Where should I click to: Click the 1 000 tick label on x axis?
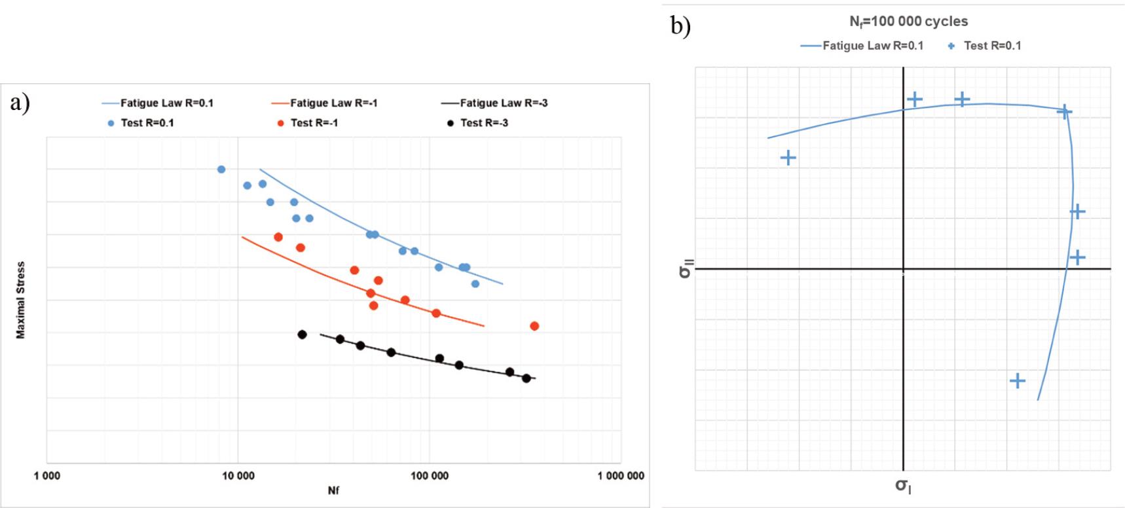[47, 476]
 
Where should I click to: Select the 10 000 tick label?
[238, 476]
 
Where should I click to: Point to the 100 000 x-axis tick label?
[430, 476]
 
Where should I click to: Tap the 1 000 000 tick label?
[620, 476]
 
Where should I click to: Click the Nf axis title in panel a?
[333, 491]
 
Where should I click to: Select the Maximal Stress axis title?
[20, 300]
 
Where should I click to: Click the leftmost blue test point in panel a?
[221, 170]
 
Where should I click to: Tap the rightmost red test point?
[534, 326]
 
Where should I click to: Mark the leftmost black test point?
[302, 335]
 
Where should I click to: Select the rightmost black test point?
[526, 378]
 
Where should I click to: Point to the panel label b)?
[680, 26]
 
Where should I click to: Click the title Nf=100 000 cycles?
[908, 22]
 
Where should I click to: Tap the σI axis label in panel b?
[903, 486]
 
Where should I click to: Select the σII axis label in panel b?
[685, 269]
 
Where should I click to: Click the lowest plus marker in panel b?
[1017, 381]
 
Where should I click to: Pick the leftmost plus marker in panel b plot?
[788, 158]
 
